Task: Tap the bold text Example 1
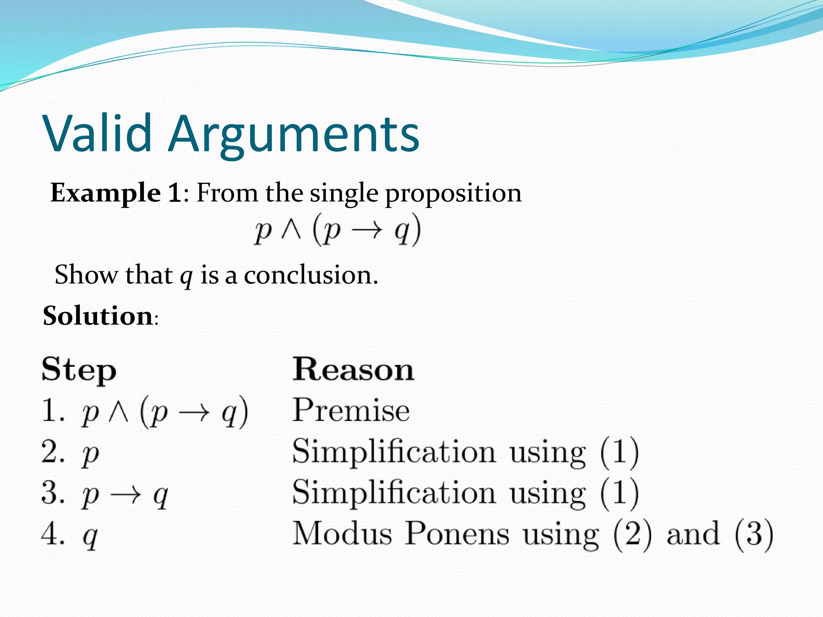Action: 116,193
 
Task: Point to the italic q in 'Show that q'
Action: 186,276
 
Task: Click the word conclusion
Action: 311,275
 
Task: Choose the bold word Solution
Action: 98,316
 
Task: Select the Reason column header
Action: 353,369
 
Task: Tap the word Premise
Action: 351,410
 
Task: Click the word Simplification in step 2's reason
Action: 394,452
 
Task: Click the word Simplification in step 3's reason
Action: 394,492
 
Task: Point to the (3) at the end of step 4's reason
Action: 753,534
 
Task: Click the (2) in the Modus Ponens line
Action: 633,534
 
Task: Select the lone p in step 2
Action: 90,455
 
